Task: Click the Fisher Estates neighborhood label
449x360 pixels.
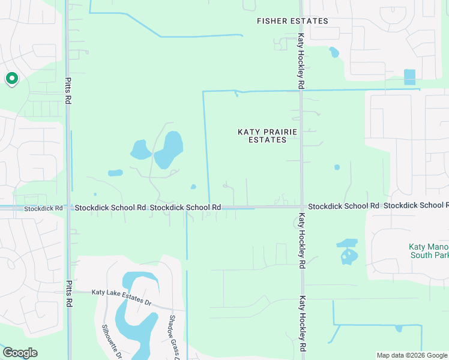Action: click(x=292, y=21)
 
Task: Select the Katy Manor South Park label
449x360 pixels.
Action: click(x=429, y=251)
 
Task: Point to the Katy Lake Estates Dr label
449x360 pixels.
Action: click(x=121, y=296)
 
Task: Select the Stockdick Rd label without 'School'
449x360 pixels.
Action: click(x=43, y=209)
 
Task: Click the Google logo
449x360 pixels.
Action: click(x=20, y=353)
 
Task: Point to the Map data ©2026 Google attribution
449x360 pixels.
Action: click(x=412, y=355)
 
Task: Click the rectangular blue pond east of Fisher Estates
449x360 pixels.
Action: click(x=409, y=77)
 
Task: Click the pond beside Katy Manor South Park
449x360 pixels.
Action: click(x=348, y=253)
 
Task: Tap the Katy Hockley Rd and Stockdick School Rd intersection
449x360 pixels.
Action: click(x=301, y=207)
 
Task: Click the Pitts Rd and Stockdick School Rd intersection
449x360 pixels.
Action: click(x=68, y=208)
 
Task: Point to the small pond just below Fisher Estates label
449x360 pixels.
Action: click(x=334, y=53)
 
